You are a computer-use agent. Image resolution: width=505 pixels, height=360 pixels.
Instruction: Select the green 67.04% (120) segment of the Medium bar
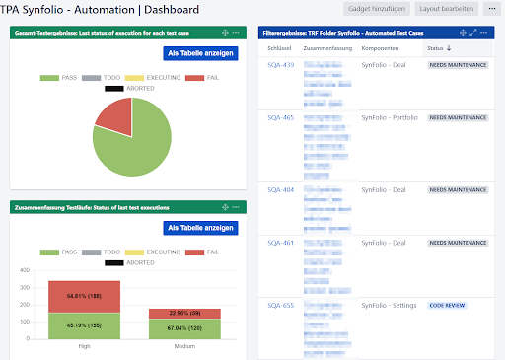coord(179,328)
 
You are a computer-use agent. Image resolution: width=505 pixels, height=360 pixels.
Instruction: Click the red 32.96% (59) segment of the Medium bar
coord(179,313)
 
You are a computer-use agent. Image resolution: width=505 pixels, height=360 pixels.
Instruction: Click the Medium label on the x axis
coord(179,346)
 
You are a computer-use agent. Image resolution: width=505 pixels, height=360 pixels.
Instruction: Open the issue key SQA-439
coord(281,65)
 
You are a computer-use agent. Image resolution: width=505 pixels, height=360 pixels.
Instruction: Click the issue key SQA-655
coord(281,306)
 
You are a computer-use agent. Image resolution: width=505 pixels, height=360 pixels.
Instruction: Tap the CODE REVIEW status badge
coord(449,306)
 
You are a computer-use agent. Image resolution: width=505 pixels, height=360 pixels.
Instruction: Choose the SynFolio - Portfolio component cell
coord(390,118)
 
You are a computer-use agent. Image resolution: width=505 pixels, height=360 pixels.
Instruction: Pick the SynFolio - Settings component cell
coord(389,306)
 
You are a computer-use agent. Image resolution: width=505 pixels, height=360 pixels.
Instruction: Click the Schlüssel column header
coord(281,47)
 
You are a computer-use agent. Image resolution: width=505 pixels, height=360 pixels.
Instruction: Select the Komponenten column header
coord(381,47)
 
